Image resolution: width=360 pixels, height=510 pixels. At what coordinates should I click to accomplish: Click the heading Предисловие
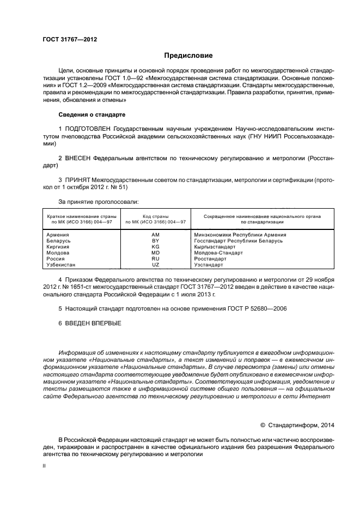pyautogui.click(x=189, y=56)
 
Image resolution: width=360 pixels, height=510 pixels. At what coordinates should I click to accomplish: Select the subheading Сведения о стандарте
pyautogui.click(x=91, y=115)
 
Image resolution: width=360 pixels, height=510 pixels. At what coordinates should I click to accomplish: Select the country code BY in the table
pyautogui.click(x=155, y=240)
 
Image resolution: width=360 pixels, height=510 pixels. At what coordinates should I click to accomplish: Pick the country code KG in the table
pyautogui.click(x=155, y=247)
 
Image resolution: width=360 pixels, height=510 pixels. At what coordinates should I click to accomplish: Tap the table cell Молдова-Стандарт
pyautogui.click(x=218, y=253)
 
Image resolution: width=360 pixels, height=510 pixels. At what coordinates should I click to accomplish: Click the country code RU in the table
pyautogui.click(x=155, y=259)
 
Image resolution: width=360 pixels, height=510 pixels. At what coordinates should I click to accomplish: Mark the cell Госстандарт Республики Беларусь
pyautogui.click(x=239, y=240)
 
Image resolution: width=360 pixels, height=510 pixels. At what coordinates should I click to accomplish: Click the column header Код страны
pyautogui.click(x=155, y=216)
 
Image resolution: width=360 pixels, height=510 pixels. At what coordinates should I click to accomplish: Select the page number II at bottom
pyautogui.click(x=45, y=466)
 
